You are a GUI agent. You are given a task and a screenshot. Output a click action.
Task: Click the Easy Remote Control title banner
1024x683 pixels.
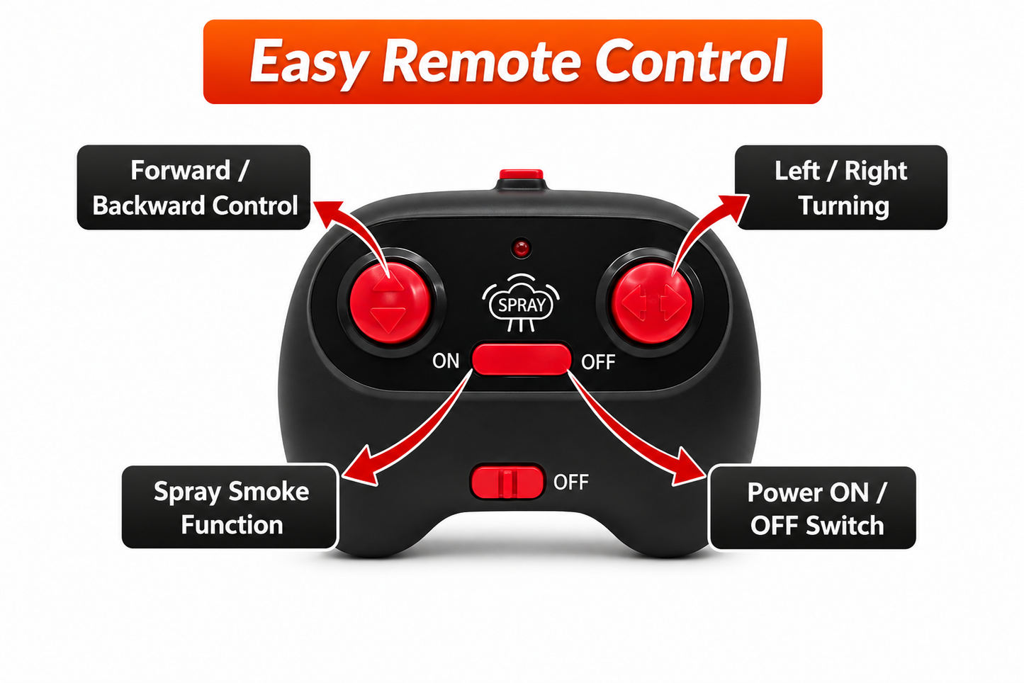(x=512, y=62)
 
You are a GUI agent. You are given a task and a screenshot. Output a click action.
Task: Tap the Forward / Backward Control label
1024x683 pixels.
(x=194, y=188)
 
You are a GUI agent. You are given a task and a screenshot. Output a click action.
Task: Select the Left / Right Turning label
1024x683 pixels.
(x=841, y=188)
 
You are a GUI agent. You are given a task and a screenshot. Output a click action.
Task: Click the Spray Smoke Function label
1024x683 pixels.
(x=230, y=507)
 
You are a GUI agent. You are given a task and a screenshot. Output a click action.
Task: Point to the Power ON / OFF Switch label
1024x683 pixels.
(x=812, y=507)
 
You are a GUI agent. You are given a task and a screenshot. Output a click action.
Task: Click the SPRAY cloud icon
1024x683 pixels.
(x=521, y=303)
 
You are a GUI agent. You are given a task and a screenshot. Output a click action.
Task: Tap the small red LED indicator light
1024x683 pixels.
(x=521, y=249)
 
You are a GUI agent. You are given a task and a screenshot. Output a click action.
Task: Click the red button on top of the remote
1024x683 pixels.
(x=521, y=174)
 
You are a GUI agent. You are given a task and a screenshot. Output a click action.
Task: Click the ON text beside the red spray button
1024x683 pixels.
(x=446, y=361)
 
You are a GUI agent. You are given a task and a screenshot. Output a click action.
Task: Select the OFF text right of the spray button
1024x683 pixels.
(x=598, y=362)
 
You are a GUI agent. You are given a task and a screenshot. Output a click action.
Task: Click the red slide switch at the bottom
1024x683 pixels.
(x=507, y=482)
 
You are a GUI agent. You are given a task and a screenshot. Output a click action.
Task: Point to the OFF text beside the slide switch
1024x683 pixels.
(x=571, y=482)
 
